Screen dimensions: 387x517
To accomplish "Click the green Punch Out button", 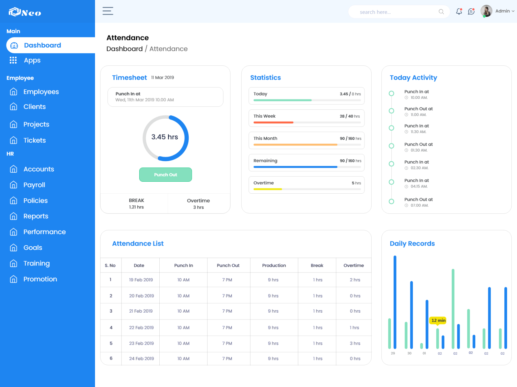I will (x=165, y=175).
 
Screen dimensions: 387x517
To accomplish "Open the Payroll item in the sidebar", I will (x=34, y=185).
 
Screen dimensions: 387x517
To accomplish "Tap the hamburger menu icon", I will (x=108, y=11).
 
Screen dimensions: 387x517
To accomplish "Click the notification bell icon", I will (x=459, y=12).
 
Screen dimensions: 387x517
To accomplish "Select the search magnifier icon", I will (x=441, y=12).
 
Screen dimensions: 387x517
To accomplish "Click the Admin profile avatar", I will (x=486, y=11).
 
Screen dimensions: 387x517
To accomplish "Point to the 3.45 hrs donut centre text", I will (x=165, y=137).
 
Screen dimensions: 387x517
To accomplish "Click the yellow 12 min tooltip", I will (x=438, y=320).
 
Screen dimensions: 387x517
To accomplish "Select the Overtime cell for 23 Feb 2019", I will (x=355, y=343).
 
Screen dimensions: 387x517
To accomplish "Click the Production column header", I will (x=274, y=265).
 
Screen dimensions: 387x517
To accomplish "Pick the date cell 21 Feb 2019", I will (x=141, y=311).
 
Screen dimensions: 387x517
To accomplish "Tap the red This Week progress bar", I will (x=273, y=123).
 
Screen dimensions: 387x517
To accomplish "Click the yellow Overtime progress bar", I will (x=268, y=189).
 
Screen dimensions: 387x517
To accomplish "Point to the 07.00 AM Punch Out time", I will (x=419, y=206).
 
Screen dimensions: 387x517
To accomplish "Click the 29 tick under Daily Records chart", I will (x=393, y=353).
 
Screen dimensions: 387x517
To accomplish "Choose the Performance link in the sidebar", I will (x=45, y=232).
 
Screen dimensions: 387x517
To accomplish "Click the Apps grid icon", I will (x=13, y=60).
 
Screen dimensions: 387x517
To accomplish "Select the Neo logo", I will (x=25, y=12).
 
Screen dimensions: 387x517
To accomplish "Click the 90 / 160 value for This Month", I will (x=350, y=138).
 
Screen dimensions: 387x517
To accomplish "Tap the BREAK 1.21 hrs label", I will (x=136, y=204).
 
